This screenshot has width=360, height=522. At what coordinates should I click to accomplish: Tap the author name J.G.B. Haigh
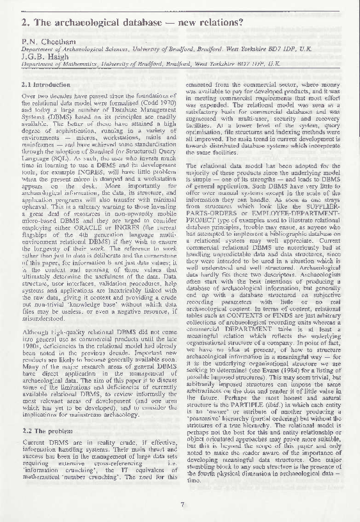(x=43, y=56)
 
